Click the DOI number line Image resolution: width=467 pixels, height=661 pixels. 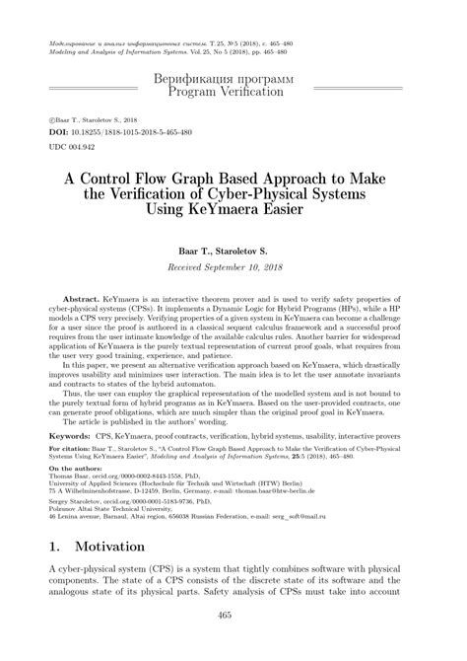(x=115, y=131)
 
